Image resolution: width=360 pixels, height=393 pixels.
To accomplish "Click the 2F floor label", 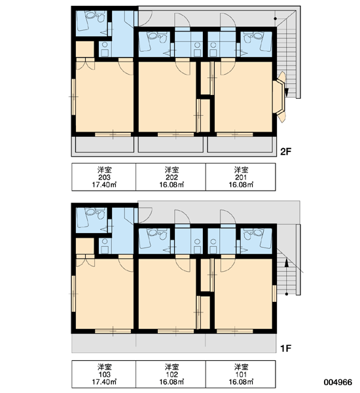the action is click(286, 152).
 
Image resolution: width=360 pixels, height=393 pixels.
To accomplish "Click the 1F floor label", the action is click(286, 348).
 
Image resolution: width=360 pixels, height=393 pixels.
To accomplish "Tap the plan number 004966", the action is click(338, 382).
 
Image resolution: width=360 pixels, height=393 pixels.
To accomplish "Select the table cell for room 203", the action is click(103, 177).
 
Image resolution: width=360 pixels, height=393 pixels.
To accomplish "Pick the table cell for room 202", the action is click(171, 177).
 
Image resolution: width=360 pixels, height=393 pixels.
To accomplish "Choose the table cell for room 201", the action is click(241, 177).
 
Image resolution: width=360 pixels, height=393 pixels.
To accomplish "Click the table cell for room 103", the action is click(103, 374).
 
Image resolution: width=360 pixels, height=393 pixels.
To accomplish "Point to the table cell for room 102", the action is click(171, 374).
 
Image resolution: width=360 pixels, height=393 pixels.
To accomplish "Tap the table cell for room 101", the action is click(241, 374).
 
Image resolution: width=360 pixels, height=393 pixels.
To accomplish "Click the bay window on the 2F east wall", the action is click(279, 97).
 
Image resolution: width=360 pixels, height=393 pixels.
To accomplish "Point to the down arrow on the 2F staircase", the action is click(287, 92).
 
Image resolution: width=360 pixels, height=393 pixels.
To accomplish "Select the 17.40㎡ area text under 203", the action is click(104, 185).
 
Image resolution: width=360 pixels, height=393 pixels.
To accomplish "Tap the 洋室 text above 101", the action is click(241, 367).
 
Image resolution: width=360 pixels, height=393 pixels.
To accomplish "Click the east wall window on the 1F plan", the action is click(274, 293).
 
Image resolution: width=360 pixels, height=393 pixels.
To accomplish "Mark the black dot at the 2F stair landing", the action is click(276, 19).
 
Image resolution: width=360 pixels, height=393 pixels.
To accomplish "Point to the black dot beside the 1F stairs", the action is click(287, 293).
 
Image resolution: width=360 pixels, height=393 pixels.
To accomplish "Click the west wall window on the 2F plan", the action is click(74, 97).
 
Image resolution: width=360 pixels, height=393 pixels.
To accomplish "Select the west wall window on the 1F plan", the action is click(74, 293).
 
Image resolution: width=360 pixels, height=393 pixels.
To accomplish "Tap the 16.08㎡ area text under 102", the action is click(171, 382).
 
